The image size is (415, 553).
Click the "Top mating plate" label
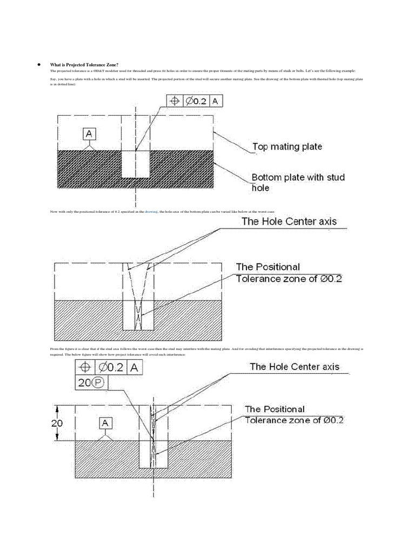(287, 146)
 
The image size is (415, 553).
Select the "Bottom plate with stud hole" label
(298, 182)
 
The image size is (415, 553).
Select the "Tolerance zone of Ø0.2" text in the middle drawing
(289, 279)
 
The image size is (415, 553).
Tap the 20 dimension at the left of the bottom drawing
(57, 423)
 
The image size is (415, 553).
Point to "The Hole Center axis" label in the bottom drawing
(294, 367)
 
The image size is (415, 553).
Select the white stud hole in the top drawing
(135, 164)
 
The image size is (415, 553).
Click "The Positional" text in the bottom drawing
(275, 409)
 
